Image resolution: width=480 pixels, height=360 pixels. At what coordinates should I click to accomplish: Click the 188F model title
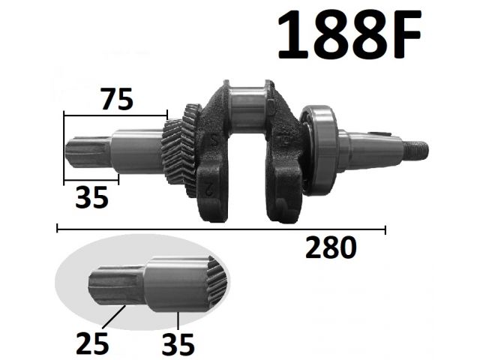[349, 34]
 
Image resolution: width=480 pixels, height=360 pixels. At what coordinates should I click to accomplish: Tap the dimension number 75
[117, 99]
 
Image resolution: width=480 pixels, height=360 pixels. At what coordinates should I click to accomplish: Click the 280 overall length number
[331, 247]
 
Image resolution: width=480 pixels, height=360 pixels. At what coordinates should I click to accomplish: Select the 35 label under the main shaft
[91, 197]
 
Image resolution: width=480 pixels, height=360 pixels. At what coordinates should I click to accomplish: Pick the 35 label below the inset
[178, 343]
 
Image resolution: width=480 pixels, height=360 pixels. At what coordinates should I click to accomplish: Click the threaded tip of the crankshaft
[416, 149]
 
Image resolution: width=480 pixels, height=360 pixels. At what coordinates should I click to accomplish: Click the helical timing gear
[181, 151]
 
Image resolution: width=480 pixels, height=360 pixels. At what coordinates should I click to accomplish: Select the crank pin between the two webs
[247, 107]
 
